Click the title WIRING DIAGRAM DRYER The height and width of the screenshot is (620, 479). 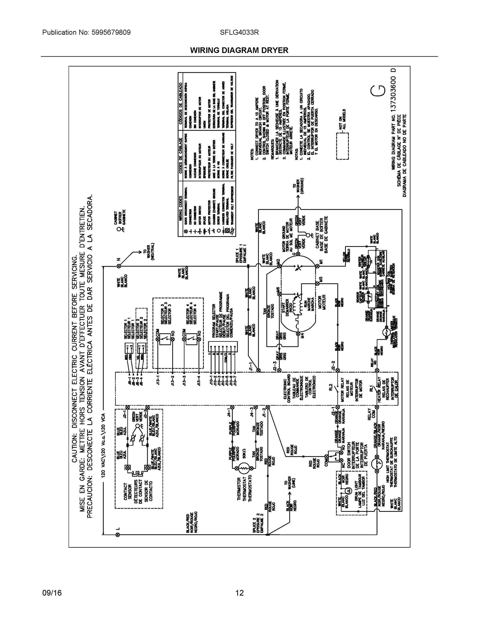pyautogui.click(x=239, y=50)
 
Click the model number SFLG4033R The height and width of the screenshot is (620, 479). pyautogui.click(x=239, y=32)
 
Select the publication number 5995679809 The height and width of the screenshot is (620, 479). pyautogui.click(x=111, y=32)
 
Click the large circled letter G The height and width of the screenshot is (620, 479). pyautogui.click(x=378, y=91)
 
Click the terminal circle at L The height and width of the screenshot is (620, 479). pyautogui.click(x=118, y=534)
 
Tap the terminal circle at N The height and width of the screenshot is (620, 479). pyautogui.click(x=119, y=266)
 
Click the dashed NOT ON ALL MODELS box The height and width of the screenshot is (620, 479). pyautogui.click(x=342, y=146)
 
